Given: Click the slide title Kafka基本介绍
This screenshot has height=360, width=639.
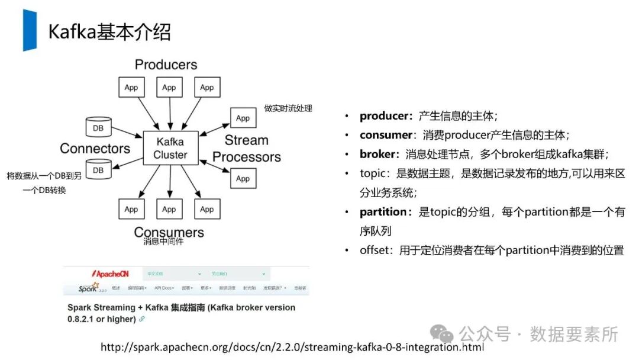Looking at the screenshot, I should (109, 31).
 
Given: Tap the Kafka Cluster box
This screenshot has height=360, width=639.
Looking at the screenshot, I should (170, 148).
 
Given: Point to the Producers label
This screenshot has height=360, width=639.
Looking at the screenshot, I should (166, 65).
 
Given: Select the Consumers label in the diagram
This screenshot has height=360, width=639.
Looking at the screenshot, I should (169, 232).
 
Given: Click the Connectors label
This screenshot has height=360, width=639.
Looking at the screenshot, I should (95, 148).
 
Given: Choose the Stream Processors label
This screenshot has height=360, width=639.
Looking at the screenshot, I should (247, 149).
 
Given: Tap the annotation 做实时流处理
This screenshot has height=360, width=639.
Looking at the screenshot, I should (288, 108).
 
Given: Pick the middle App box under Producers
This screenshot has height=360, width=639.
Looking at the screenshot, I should (169, 88).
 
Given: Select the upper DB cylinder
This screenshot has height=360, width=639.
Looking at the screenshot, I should (98, 127).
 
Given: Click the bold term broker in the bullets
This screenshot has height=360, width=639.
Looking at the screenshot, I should (377, 154).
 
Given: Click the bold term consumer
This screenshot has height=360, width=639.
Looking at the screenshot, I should (386, 135).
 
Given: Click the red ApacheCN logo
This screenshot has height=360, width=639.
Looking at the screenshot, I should (110, 274).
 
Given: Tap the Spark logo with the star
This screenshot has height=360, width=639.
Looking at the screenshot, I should (92, 288).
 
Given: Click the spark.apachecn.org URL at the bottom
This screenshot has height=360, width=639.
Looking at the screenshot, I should (292, 347).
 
